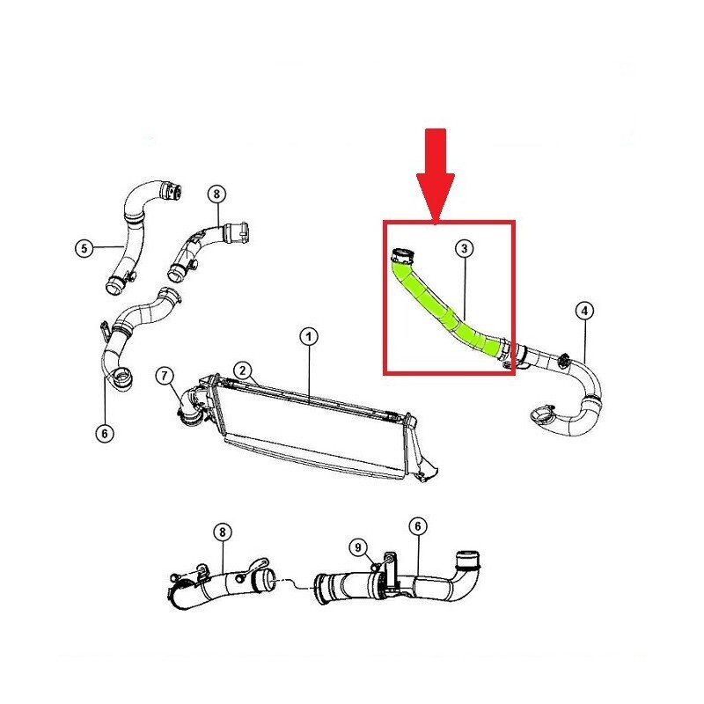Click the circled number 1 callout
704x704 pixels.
click(x=309, y=337)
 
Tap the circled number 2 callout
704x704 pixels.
click(x=243, y=370)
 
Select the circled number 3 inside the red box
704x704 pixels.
click(x=465, y=248)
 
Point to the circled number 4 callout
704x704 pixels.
click(x=584, y=311)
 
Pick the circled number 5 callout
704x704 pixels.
click(x=84, y=248)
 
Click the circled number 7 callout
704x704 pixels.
click(x=165, y=376)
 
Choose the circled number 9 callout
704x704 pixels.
click(x=358, y=547)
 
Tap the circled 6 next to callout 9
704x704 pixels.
click(x=418, y=526)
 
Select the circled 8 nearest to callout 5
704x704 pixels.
click(x=217, y=194)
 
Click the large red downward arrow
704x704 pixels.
click(x=436, y=176)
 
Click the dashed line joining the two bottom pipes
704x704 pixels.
click(x=294, y=583)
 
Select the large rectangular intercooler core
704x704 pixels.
click(x=314, y=429)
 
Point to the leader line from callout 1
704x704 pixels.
click(x=309, y=372)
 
